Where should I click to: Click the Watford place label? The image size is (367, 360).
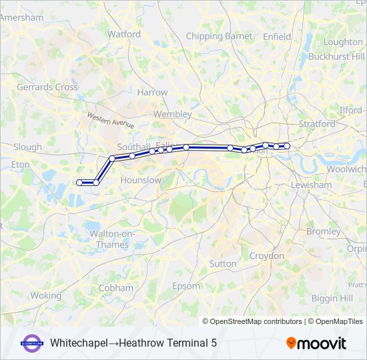click(x=123, y=33)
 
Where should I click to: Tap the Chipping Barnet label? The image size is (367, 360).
click(x=220, y=36)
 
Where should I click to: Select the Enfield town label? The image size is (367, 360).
click(x=277, y=36)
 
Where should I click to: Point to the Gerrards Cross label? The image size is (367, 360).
click(x=47, y=87)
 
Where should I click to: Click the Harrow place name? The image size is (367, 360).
click(x=152, y=92)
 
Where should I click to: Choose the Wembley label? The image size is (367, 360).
click(x=172, y=114)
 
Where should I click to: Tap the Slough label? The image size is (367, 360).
click(x=27, y=147)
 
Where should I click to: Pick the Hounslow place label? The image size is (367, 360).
click(x=141, y=180)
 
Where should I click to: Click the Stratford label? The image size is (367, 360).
click(x=317, y=123)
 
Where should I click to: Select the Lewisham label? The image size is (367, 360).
click(x=311, y=185)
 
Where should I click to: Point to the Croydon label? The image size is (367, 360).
click(x=267, y=255)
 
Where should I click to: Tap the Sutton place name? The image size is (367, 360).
click(x=223, y=263)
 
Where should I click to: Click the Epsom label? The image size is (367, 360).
click(x=186, y=286)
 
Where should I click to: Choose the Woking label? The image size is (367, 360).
click(x=45, y=295)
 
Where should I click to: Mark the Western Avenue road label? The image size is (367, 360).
click(x=110, y=121)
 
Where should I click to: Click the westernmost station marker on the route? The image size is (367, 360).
click(x=79, y=182)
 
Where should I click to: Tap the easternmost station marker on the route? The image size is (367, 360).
click(x=287, y=145)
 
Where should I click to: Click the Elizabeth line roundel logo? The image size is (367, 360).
click(x=33, y=343)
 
